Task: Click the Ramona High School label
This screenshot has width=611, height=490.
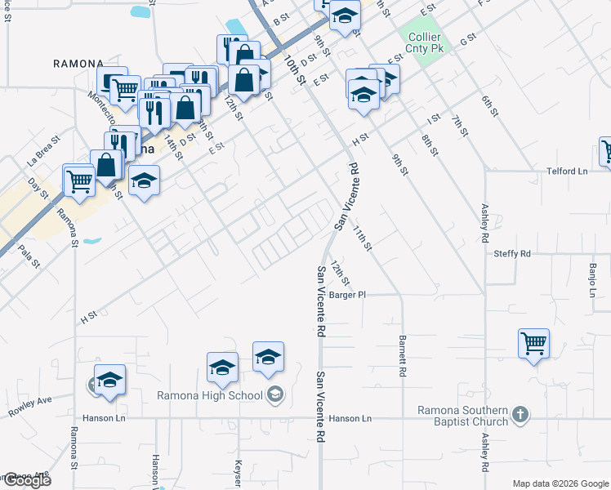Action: click(x=210, y=396)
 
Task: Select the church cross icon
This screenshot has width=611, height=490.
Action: click(x=520, y=416)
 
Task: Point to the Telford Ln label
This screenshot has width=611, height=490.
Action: click(x=568, y=171)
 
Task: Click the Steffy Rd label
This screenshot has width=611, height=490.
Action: click(x=512, y=254)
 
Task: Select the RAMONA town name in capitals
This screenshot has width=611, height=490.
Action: click(x=78, y=63)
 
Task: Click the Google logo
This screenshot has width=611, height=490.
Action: click(x=26, y=481)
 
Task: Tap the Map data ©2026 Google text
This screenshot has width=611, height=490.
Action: click(x=560, y=483)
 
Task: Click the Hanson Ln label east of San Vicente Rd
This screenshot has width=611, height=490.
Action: click(x=350, y=419)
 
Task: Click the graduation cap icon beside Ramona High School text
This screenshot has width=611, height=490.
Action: click(x=276, y=396)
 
